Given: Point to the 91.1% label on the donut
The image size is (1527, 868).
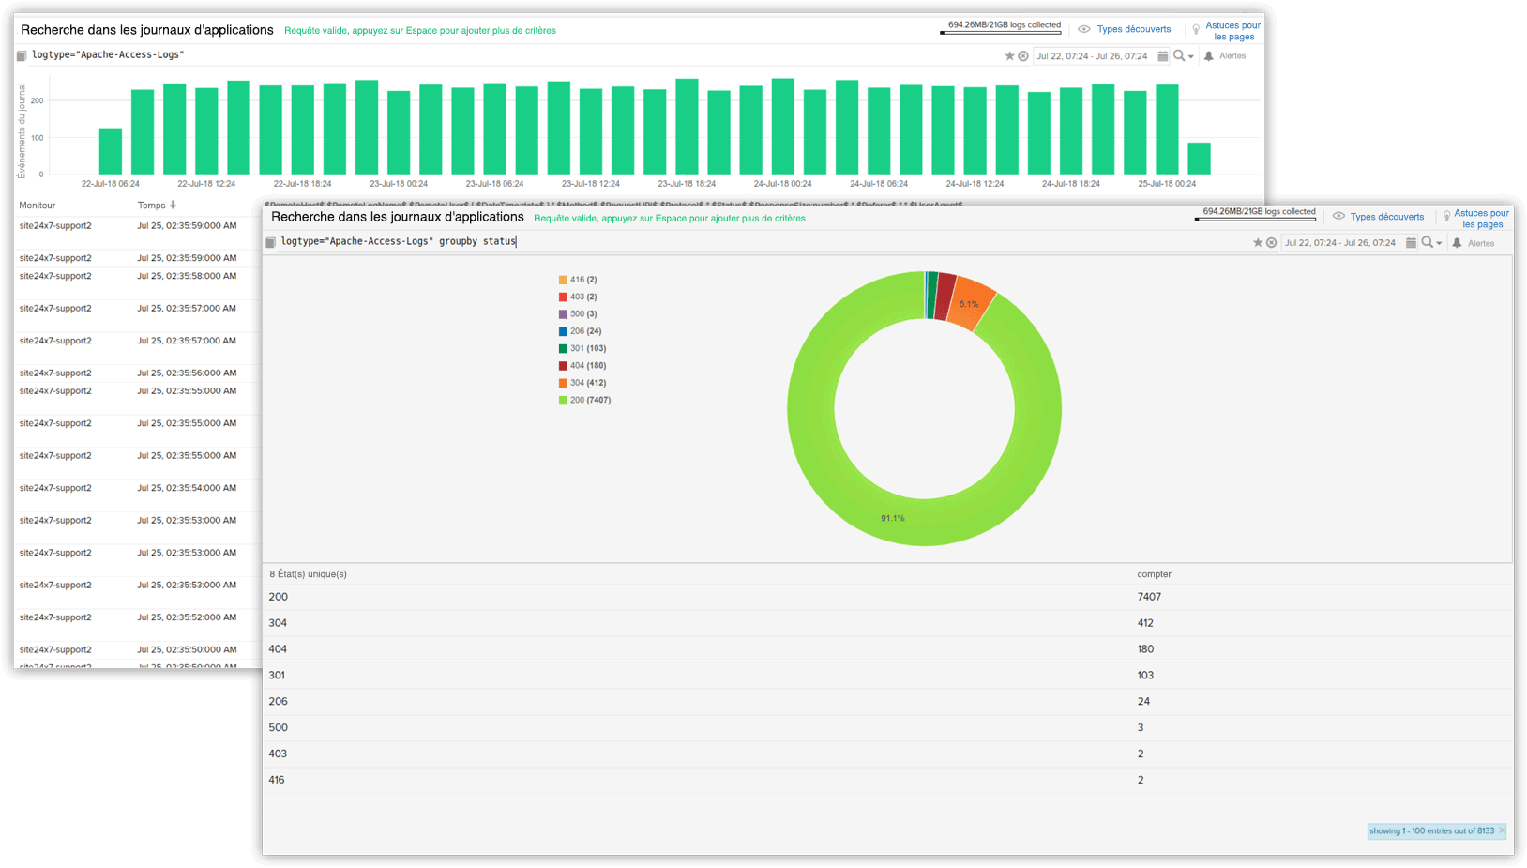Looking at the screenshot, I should [892, 518].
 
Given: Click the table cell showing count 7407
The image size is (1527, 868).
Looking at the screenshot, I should [1149, 597].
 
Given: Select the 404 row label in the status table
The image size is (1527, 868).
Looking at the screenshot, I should [278, 649].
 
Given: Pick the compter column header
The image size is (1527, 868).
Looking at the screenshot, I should [1154, 574].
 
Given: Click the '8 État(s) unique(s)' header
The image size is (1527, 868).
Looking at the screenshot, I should [308, 574].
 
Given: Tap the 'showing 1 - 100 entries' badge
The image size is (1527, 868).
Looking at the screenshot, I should [1431, 831].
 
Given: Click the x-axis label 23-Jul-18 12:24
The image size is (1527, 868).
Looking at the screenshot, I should [591, 184].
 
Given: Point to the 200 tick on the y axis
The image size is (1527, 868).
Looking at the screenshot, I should [38, 100].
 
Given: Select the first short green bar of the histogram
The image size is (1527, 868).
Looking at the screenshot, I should [111, 151].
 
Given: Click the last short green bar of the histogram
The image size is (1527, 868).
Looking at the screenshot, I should [1199, 159].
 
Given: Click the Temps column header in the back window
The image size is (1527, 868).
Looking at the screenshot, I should [152, 206].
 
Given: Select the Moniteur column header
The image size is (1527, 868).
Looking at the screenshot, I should [38, 206].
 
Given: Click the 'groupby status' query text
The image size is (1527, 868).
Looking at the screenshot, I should [477, 241].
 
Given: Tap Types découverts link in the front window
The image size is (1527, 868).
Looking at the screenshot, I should [1386, 217].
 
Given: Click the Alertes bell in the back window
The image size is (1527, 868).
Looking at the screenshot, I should [1209, 56].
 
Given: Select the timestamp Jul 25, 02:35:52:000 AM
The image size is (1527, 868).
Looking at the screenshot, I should [187, 617].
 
